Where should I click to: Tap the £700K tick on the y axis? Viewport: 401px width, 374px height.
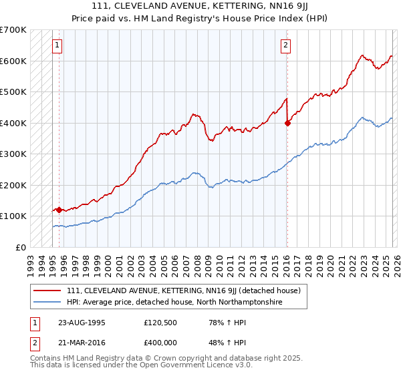point(13,30)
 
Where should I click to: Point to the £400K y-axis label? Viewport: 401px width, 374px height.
point(13,123)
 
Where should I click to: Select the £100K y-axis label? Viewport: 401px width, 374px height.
point(13,216)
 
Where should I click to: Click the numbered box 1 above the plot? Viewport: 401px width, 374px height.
point(58,45)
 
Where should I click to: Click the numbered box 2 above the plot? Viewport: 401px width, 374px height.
point(285,45)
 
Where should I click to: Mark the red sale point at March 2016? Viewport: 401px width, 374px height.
point(287,123)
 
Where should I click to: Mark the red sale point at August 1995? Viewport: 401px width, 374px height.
point(59,210)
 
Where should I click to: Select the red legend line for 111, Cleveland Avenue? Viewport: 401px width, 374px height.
point(47,291)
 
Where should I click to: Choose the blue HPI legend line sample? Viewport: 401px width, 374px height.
point(47,302)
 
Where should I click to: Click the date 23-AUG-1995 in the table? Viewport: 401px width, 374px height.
point(82,322)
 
